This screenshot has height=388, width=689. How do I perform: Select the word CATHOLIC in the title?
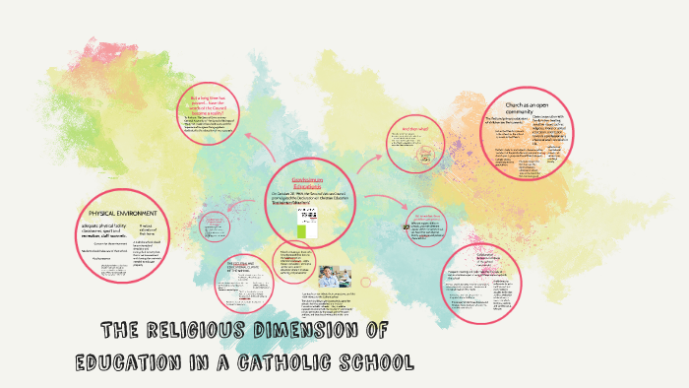pyautogui.click(x=294, y=361)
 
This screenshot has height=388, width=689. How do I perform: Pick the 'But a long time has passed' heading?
pyautogui.click(x=215, y=104)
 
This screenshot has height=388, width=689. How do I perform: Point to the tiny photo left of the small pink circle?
pyautogui.click(x=406, y=225)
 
